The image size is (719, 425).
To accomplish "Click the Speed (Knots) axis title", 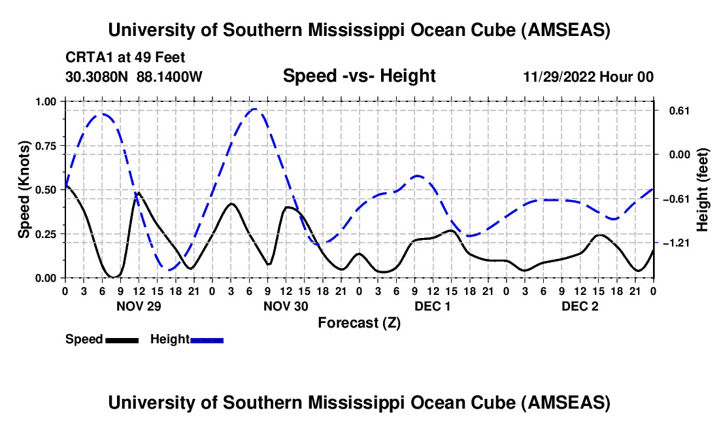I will click(24, 190).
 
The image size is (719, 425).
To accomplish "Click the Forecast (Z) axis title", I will click(359, 322).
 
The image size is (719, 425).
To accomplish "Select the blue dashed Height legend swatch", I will click(207, 339).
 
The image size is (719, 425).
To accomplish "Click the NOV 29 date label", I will click(138, 306).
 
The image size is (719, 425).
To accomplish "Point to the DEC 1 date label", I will click(432, 306).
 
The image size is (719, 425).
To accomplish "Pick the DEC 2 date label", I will click(579, 306).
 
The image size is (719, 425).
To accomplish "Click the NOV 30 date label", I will click(285, 306).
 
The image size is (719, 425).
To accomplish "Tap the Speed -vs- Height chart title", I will click(359, 76).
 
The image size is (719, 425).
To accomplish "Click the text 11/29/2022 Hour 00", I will click(588, 77).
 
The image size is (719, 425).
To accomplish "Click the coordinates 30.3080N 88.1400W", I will click(134, 76).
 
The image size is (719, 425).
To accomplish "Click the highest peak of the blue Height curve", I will click(255, 109).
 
